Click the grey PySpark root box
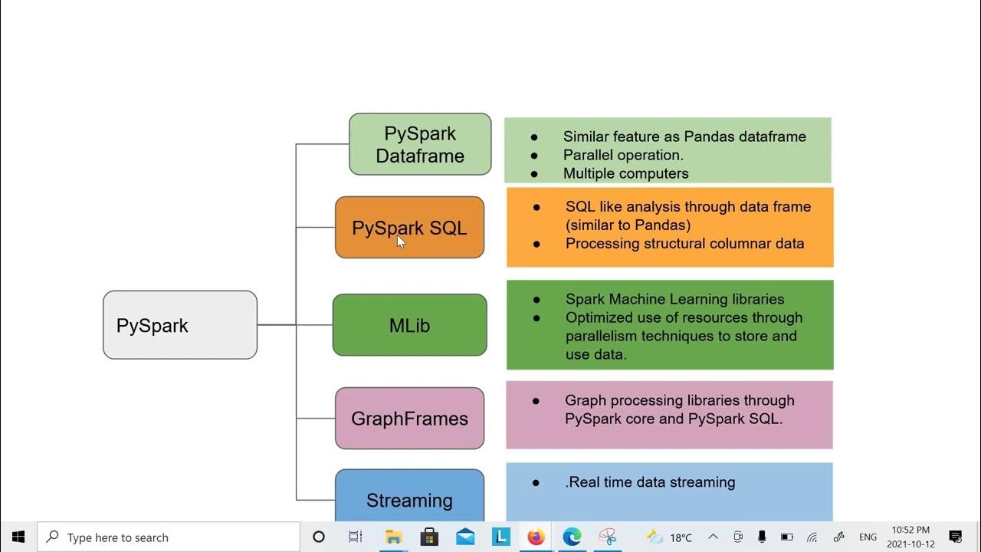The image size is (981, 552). (x=180, y=325)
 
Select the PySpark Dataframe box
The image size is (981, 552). (x=420, y=144)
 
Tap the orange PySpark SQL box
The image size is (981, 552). (x=409, y=228)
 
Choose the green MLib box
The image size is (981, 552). (x=409, y=325)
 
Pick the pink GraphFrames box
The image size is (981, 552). (x=409, y=419)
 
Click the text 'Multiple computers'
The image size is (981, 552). (x=625, y=173)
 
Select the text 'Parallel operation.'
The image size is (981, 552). (x=623, y=155)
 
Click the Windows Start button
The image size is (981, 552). (x=18, y=537)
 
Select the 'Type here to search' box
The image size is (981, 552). (x=169, y=537)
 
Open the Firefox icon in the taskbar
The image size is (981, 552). (x=536, y=537)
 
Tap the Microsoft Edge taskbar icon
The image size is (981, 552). (x=572, y=537)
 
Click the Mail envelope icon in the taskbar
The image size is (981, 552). (x=465, y=537)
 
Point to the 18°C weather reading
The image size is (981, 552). (x=681, y=537)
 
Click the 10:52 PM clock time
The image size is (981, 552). (x=910, y=530)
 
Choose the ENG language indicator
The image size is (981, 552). (x=868, y=537)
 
